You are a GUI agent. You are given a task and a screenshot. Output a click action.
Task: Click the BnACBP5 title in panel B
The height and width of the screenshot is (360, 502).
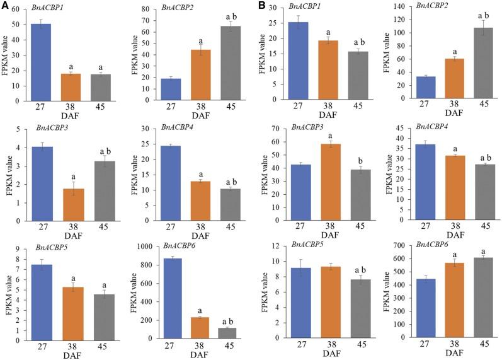point(307,247)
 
